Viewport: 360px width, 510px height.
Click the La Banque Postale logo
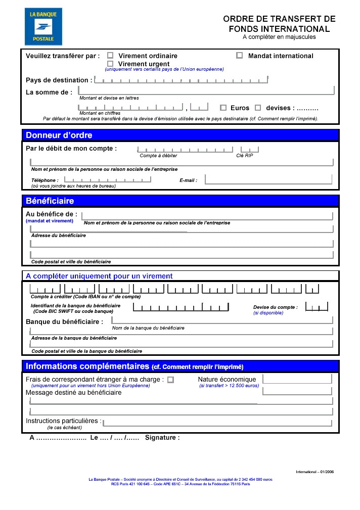pyautogui.click(x=43, y=27)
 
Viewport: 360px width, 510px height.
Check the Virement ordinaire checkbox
pyautogui.click(x=110, y=56)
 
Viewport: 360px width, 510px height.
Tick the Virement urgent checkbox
pyautogui.click(x=110, y=64)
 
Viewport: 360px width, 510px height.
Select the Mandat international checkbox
pyautogui.click(x=240, y=56)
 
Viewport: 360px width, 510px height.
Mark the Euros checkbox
pyautogui.click(x=223, y=108)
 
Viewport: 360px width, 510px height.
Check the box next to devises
pyautogui.click(x=258, y=108)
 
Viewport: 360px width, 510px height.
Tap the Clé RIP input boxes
pyautogui.click(x=249, y=149)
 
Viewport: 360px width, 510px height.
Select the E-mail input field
pyautogui.click(x=268, y=179)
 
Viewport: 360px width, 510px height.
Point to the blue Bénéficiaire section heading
pyautogui.click(x=50, y=201)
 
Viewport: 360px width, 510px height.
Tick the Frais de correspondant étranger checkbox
pyautogui.click(x=170, y=380)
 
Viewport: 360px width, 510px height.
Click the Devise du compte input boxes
pyautogui.click(x=318, y=306)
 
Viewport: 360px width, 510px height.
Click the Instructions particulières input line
pyautogui.click(x=217, y=422)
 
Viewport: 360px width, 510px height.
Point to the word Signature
pyautogui.click(x=162, y=438)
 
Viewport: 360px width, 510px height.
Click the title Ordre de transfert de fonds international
pyautogui.click(x=279, y=24)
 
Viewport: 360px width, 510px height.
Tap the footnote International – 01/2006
pyautogui.click(x=314, y=472)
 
